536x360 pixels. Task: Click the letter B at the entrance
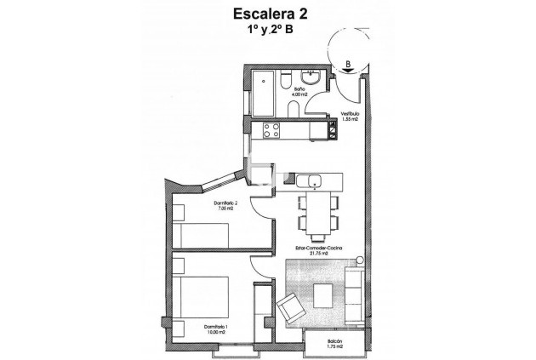point(349,62)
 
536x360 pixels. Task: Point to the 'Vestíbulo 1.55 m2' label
point(350,117)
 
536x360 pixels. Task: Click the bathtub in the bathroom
point(265,92)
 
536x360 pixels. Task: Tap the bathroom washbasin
point(313,78)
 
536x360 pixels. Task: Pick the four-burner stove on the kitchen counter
point(272,131)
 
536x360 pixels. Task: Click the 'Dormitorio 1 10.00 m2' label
point(195,329)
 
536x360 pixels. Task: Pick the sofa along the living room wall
point(354,294)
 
